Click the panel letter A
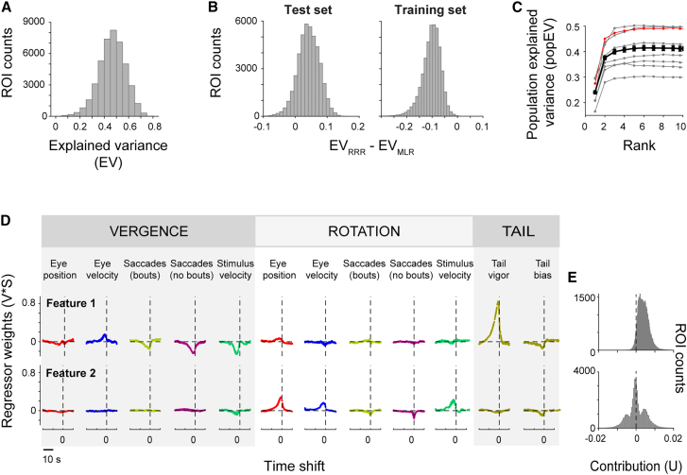click(8, 8)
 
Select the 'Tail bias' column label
click(540, 266)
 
